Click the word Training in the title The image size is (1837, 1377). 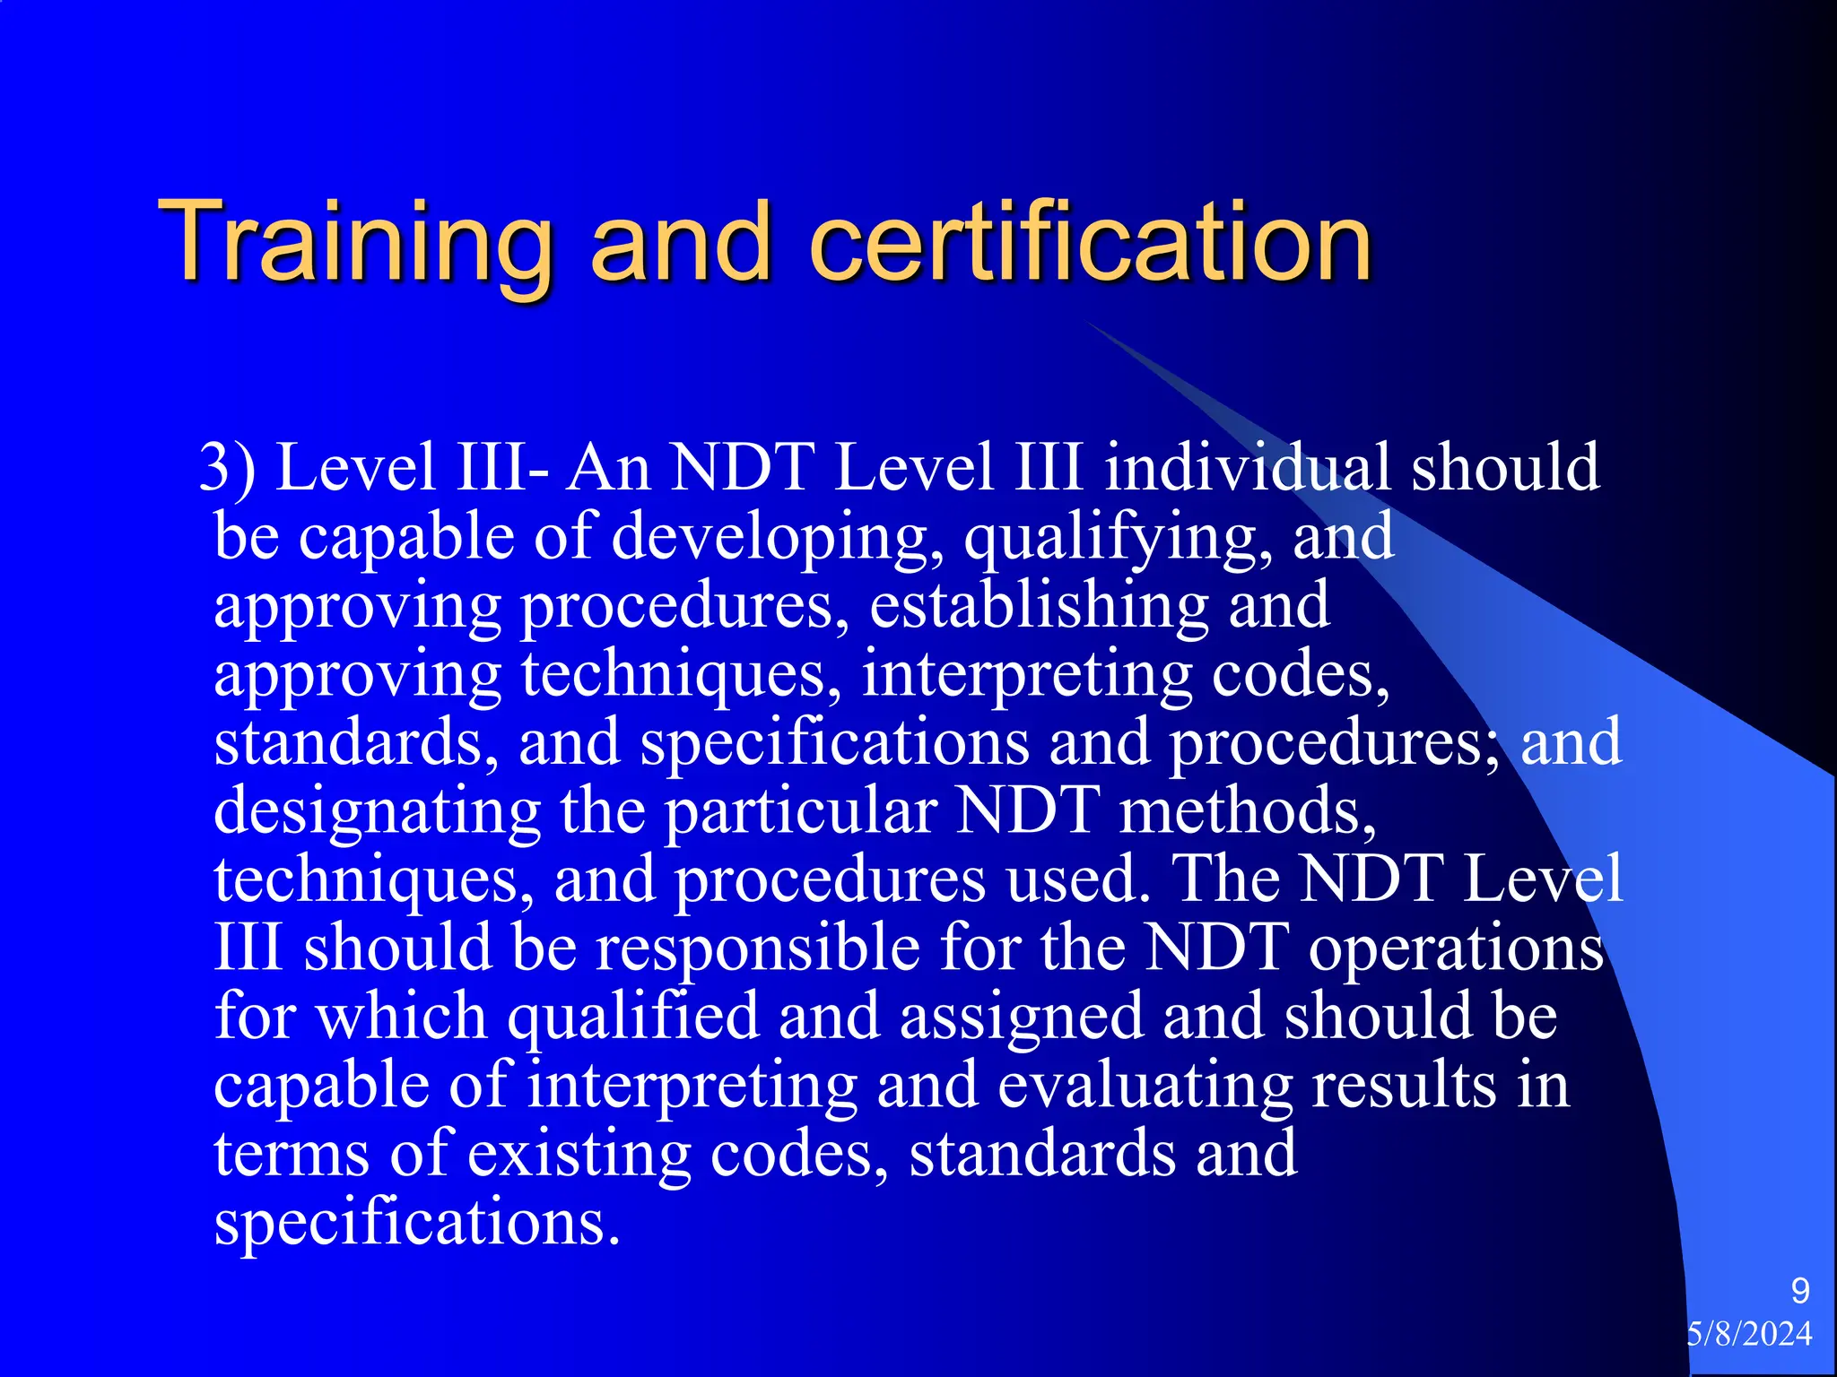pos(354,242)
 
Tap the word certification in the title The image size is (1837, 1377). pos(1090,242)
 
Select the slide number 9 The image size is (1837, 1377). pos(1799,1291)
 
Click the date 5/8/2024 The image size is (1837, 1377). pos(1749,1334)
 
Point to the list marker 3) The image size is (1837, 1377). pos(227,468)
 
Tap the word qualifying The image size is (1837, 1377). pos(1117,538)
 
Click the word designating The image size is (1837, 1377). pos(377,811)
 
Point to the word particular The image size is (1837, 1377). pos(800,811)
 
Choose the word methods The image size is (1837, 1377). pos(1247,811)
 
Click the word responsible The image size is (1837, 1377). pos(758,948)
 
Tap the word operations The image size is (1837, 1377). pos(1456,948)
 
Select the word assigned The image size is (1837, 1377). pos(1022,1018)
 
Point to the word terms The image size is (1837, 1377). pos(292,1154)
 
